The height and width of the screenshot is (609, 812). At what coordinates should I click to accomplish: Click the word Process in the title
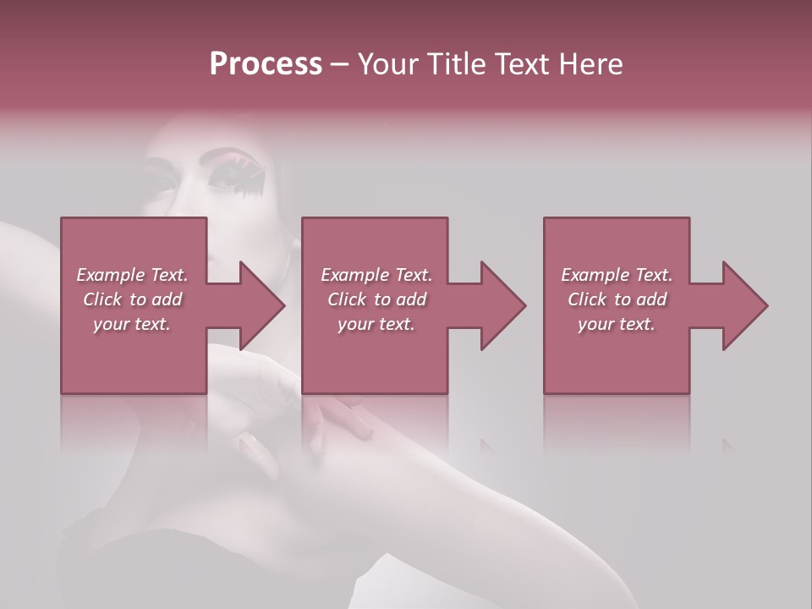(x=266, y=64)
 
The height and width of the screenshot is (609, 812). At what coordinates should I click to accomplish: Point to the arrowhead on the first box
(x=262, y=305)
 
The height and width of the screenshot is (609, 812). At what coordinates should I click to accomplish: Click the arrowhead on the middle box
(x=503, y=305)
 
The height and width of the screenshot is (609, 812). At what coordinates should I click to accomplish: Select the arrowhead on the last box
(x=745, y=305)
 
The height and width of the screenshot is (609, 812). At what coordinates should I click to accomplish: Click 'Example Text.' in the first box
(x=132, y=275)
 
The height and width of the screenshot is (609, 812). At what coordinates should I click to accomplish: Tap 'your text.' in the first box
(x=132, y=324)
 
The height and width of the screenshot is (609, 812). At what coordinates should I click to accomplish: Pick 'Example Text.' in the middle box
(x=376, y=275)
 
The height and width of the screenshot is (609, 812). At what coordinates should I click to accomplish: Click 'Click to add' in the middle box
(x=376, y=299)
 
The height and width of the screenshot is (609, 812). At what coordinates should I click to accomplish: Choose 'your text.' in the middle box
(x=376, y=324)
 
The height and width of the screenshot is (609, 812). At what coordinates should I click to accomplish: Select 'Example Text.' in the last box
(x=617, y=275)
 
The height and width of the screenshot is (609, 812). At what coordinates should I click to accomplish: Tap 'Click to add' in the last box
(x=617, y=299)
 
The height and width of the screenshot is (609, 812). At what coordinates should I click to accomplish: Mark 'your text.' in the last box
(x=617, y=324)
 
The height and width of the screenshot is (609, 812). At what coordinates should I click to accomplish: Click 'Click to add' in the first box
(x=132, y=299)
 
